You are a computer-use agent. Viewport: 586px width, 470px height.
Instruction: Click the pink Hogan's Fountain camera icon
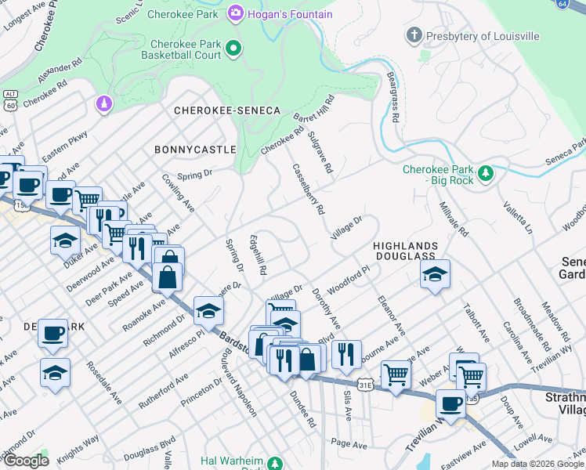235,13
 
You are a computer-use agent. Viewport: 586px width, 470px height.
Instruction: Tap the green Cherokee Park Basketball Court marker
233,50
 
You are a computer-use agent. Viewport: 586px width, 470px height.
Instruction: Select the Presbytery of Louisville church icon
414,35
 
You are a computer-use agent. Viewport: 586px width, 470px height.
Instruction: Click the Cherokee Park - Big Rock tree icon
486,172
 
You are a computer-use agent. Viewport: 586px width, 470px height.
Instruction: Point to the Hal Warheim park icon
275,464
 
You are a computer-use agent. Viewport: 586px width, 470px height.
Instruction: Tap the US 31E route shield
365,385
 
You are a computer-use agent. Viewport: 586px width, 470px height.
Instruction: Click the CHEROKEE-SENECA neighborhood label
227,111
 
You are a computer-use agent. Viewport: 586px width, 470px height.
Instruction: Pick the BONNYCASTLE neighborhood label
195,149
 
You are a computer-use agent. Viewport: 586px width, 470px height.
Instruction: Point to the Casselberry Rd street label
308,189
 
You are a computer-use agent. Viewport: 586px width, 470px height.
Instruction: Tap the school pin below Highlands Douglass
435,275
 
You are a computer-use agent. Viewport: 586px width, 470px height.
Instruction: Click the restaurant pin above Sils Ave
345,355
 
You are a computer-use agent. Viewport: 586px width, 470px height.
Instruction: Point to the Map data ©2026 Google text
537,464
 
